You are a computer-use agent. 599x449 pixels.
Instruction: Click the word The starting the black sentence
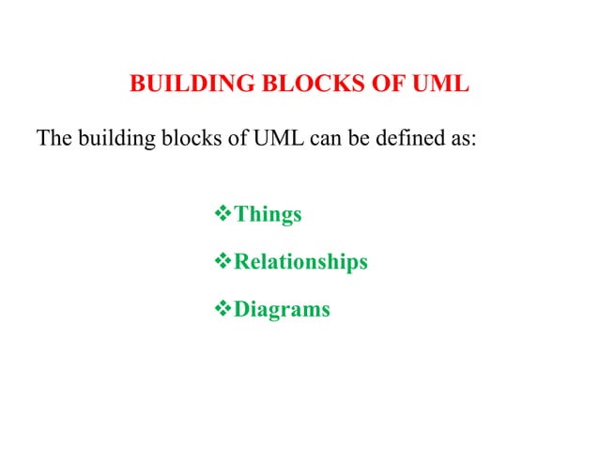click(x=54, y=139)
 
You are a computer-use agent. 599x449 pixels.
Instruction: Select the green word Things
click(x=268, y=215)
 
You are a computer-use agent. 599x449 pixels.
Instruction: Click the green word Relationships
click(x=300, y=262)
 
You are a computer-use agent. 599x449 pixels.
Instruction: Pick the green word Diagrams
click(x=282, y=309)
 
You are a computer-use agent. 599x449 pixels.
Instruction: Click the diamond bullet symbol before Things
click(x=223, y=214)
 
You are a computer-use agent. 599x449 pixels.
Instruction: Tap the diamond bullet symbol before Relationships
click(x=223, y=261)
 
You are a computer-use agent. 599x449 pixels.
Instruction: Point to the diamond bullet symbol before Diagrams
click(x=223, y=308)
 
